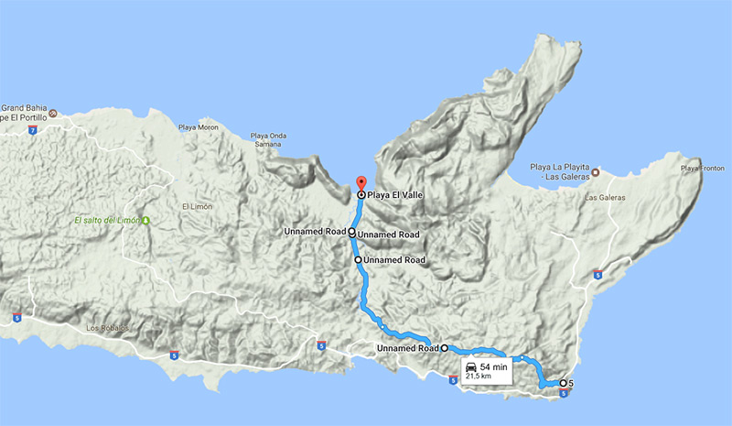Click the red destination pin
tap(360, 182)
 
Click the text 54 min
tap(494, 367)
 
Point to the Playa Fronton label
tap(702, 169)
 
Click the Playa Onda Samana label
tap(269, 142)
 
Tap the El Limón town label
tap(198, 207)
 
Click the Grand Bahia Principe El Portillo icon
tap(52, 115)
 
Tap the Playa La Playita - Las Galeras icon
tap(595, 170)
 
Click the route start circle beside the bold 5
tap(563, 383)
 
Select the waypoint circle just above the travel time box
tap(445, 348)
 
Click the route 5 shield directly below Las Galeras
tap(597, 273)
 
